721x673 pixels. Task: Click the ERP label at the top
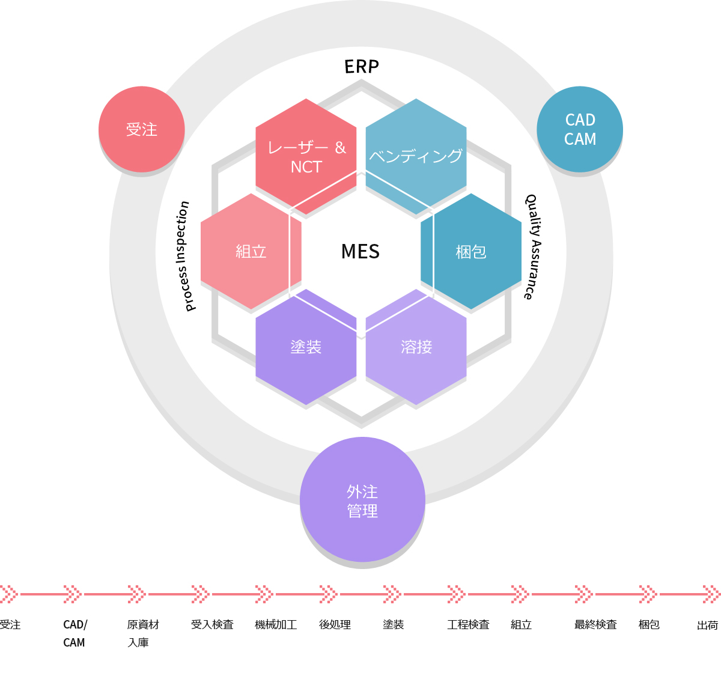pyautogui.click(x=361, y=67)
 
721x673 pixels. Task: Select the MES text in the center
pyautogui.click(x=360, y=251)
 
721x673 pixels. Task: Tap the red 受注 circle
pyautogui.click(x=142, y=129)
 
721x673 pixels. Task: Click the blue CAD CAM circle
pyautogui.click(x=579, y=129)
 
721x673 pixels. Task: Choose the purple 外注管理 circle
pyautogui.click(x=362, y=499)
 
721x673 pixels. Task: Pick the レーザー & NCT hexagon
pyautogui.click(x=306, y=157)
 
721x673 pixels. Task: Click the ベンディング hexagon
pyautogui.click(x=416, y=157)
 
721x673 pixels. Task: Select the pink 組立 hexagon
pyautogui.click(x=251, y=251)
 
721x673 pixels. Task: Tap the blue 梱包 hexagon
pyautogui.click(x=471, y=251)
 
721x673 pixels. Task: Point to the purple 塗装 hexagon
pyautogui.click(x=306, y=347)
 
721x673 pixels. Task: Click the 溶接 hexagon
pyautogui.click(x=416, y=347)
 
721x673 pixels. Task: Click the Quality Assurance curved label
pyautogui.click(x=534, y=247)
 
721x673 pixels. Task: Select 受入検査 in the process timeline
pyautogui.click(x=212, y=624)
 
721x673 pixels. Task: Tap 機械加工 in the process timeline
pyautogui.click(x=276, y=624)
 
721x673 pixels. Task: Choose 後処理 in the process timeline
pyautogui.click(x=335, y=624)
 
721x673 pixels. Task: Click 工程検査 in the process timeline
pyautogui.click(x=468, y=624)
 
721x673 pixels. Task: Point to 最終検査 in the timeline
pyautogui.click(x=595, y=624)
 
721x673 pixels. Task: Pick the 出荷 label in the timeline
pyautogui.click(x=708, y=625)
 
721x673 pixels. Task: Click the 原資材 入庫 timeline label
pyautogui.click(x=143, y=633)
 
